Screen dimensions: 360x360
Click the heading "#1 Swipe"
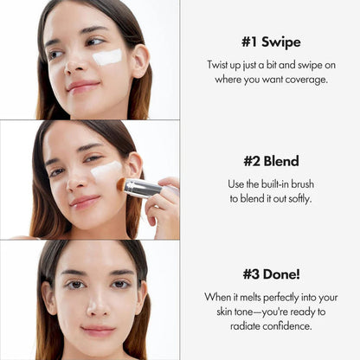270,42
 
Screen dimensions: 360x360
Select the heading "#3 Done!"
270,273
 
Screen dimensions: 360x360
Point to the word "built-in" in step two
278,185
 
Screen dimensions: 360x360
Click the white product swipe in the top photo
106,57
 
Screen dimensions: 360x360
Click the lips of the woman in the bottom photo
97,331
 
